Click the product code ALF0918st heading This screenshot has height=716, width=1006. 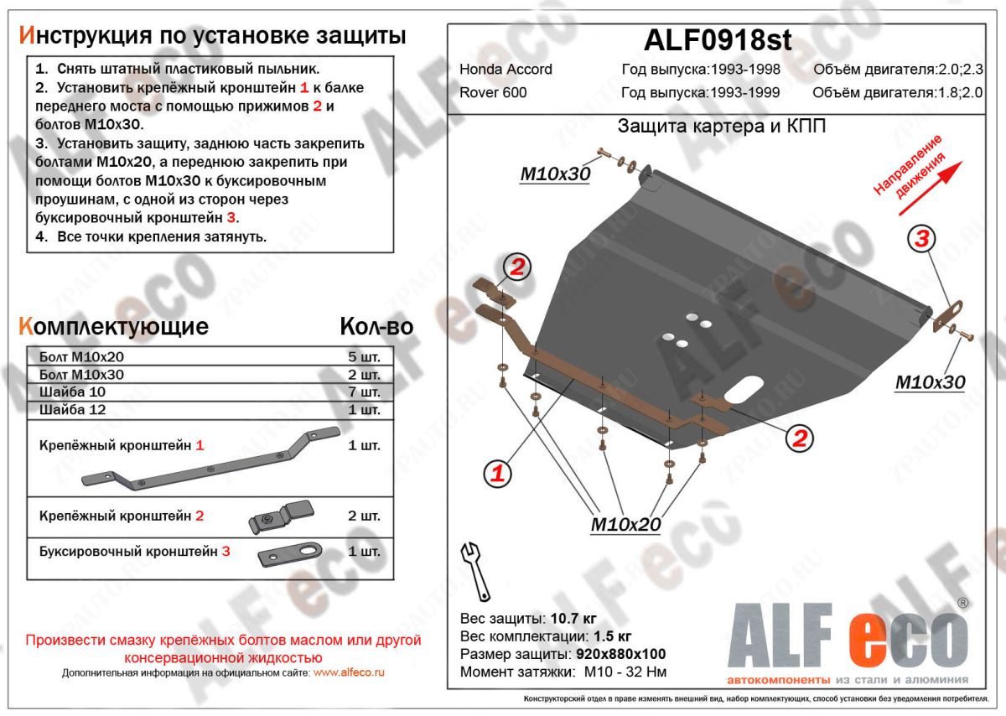coord(716,39)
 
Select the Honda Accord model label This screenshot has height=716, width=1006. coord(506,70)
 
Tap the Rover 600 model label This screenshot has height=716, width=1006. coord(493,92)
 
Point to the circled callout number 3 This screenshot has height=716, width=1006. coord(921,239)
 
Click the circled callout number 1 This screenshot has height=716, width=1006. coord(497,474)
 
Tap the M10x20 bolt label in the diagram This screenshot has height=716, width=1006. coord(625,525)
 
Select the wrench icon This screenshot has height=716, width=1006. coord(474,569)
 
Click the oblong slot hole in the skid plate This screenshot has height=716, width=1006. coord(744,390)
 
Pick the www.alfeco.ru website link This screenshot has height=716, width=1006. coord(350,672)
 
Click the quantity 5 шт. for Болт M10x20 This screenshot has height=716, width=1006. coord(364,355)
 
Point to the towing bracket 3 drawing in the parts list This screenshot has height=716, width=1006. coord(289,553)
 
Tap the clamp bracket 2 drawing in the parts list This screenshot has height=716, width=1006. coord(280,516)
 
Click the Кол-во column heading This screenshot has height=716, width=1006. coord(376,327)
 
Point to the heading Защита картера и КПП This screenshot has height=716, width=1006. coord(721,127)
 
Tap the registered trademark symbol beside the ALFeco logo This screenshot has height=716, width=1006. coord(962,602)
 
